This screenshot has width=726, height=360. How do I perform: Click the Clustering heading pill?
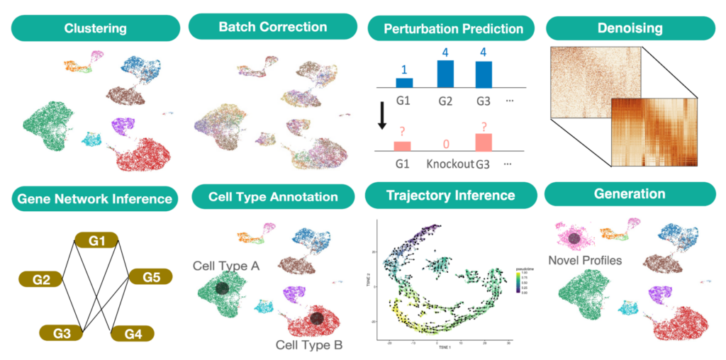(95, 29)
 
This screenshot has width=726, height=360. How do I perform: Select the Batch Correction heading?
(272, 27)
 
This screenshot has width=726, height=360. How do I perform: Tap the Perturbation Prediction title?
(453, 29)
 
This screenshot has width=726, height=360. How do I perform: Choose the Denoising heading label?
(629, 28)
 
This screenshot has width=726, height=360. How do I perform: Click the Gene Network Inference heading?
(94, 198)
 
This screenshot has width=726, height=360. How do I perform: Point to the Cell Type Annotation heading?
(272, 196)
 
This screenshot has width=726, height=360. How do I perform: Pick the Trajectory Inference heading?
(451, 195)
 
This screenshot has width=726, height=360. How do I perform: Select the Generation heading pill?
(629, 193)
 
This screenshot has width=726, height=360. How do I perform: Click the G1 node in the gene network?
(97, 240)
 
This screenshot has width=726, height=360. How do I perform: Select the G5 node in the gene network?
(151, 276)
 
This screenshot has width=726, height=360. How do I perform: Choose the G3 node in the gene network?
(62, 330)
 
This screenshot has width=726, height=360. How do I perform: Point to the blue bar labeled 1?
(404, 82)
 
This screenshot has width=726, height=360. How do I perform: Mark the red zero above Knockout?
(446, 145)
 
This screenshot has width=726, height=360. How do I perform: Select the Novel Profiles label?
(585, 260)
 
